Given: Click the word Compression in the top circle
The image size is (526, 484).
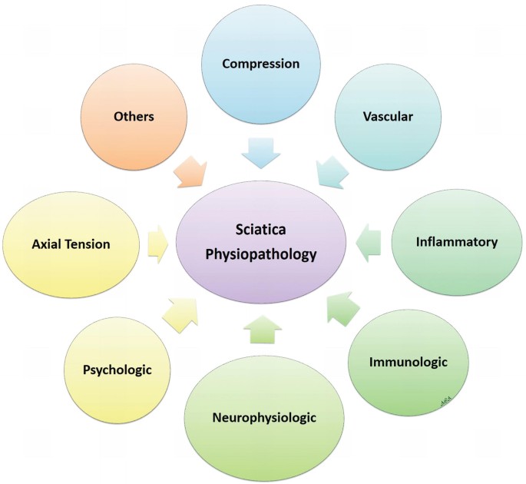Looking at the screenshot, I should click(x=260, y=64).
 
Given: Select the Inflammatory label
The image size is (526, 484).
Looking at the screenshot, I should click(x=456, y=242).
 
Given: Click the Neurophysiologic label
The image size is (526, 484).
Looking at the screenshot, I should click(x=264, y=418).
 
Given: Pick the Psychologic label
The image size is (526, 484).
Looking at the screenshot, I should click(x=117, y=370).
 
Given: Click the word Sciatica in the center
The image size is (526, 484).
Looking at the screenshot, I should click(x=260, y=230).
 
